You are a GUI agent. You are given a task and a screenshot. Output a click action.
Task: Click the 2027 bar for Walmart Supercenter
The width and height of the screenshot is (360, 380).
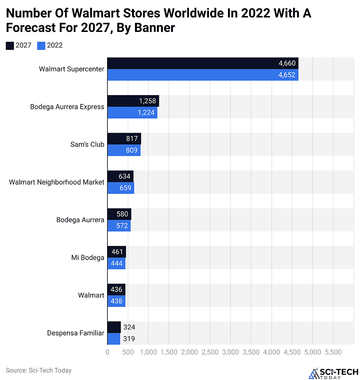tap(203, 64)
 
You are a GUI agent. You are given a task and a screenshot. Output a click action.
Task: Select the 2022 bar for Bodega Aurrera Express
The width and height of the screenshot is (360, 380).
tap(132, 113)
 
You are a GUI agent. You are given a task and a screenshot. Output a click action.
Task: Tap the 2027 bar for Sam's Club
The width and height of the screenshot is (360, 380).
tap(124, 139)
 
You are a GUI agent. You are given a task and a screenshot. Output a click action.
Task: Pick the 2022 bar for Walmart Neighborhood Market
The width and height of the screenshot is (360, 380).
tap(120, 188)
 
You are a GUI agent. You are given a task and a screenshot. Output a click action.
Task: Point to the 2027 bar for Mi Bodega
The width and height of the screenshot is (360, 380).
tap(116, 252)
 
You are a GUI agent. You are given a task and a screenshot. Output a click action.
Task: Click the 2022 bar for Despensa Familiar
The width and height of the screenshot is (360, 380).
tap(114, 339)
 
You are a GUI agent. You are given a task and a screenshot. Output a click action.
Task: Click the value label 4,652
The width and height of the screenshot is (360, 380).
tap(287, 75)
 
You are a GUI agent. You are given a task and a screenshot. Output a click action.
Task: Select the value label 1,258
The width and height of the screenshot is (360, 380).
tap(147, 101)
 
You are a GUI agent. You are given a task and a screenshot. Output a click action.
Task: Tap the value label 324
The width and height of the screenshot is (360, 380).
tap(129, 327)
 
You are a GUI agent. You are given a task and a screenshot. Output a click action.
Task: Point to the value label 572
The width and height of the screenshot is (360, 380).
tap(122, 225)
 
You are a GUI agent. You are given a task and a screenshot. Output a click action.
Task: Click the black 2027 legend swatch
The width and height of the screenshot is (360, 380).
tap(10, 46)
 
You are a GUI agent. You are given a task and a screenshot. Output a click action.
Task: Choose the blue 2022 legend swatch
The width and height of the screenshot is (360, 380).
tap(41, 46)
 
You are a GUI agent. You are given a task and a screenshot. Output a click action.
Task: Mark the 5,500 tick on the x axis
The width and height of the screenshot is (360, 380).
tap(333, 352)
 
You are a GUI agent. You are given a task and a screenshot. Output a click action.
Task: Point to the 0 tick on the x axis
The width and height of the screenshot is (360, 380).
tap(107, 352)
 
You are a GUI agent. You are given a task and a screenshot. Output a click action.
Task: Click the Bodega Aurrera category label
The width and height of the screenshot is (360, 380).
tap(80, 220)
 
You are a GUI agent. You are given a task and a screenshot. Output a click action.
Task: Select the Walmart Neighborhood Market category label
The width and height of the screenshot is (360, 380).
tap(57, 182)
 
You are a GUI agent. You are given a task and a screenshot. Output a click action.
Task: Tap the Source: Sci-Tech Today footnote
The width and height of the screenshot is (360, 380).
tap(39, 370)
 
